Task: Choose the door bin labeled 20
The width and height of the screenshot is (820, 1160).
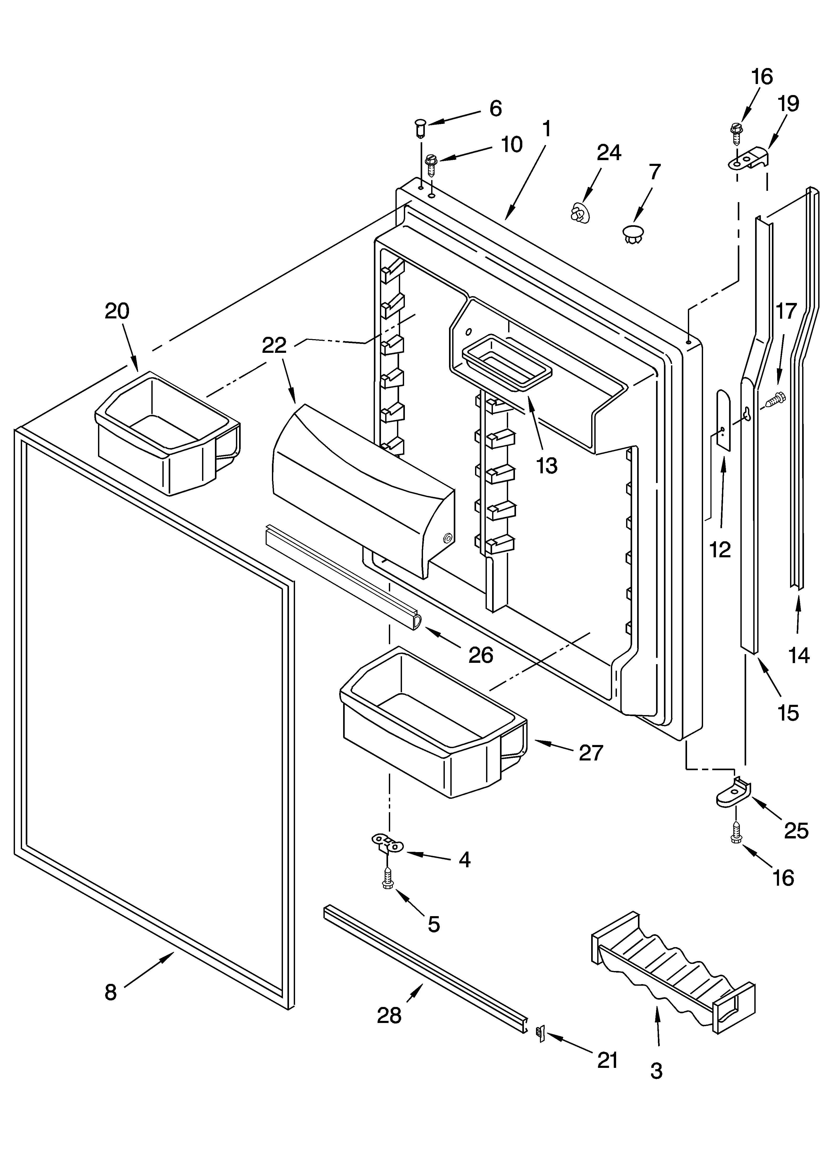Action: coord(167,433)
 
